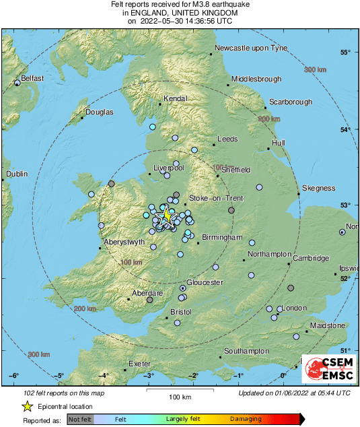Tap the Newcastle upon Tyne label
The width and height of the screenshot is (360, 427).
coord(250,48)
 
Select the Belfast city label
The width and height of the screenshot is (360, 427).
coord(32,79)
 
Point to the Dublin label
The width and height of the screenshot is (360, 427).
coord(17,174)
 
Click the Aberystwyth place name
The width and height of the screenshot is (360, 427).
coord(124,242)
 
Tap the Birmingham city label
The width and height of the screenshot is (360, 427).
coord(221,238)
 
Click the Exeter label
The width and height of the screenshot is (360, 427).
coord(139,364)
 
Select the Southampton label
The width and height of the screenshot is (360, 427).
coord(246,352)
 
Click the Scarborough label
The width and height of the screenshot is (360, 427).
coord(290,102)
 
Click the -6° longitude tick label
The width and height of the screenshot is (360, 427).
coord(14,376)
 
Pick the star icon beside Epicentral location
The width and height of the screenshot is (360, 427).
coord(27,407)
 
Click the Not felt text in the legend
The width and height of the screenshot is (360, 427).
coord(80,419)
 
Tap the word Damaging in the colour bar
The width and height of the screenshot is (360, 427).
coord(247,419)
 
